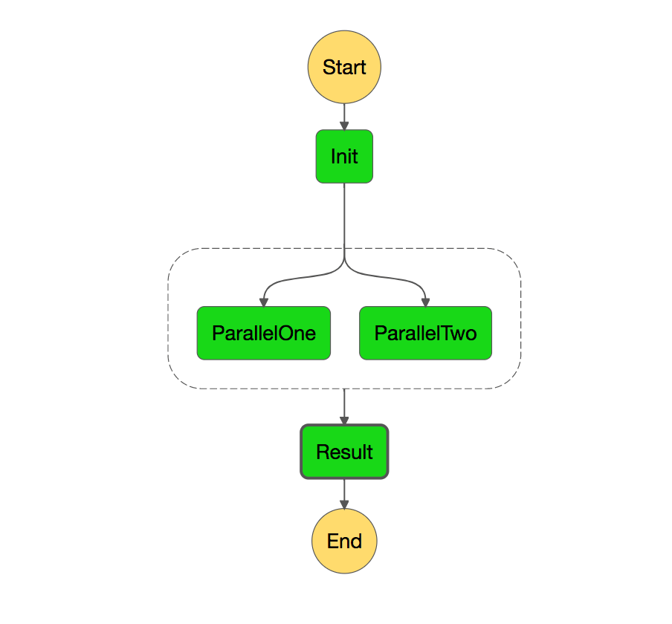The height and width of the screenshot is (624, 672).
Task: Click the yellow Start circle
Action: click(344, 67)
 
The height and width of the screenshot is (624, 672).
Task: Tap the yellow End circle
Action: click(344, 541)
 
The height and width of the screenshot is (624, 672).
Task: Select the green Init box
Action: click(344, 156)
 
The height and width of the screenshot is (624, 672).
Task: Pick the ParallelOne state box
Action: click(263, 333)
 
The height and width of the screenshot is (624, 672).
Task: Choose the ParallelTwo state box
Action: click(425, 333)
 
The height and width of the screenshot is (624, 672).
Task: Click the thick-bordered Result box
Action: click(344, 452)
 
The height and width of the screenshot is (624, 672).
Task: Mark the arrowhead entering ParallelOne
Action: click(263, 302)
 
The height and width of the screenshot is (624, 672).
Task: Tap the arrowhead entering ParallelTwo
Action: click(425, 302)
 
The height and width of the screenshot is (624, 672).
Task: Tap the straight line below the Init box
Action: click(344, 219)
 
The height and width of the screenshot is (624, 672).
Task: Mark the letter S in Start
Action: click(329, 68)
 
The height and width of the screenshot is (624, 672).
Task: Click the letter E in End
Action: click(332, 541)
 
